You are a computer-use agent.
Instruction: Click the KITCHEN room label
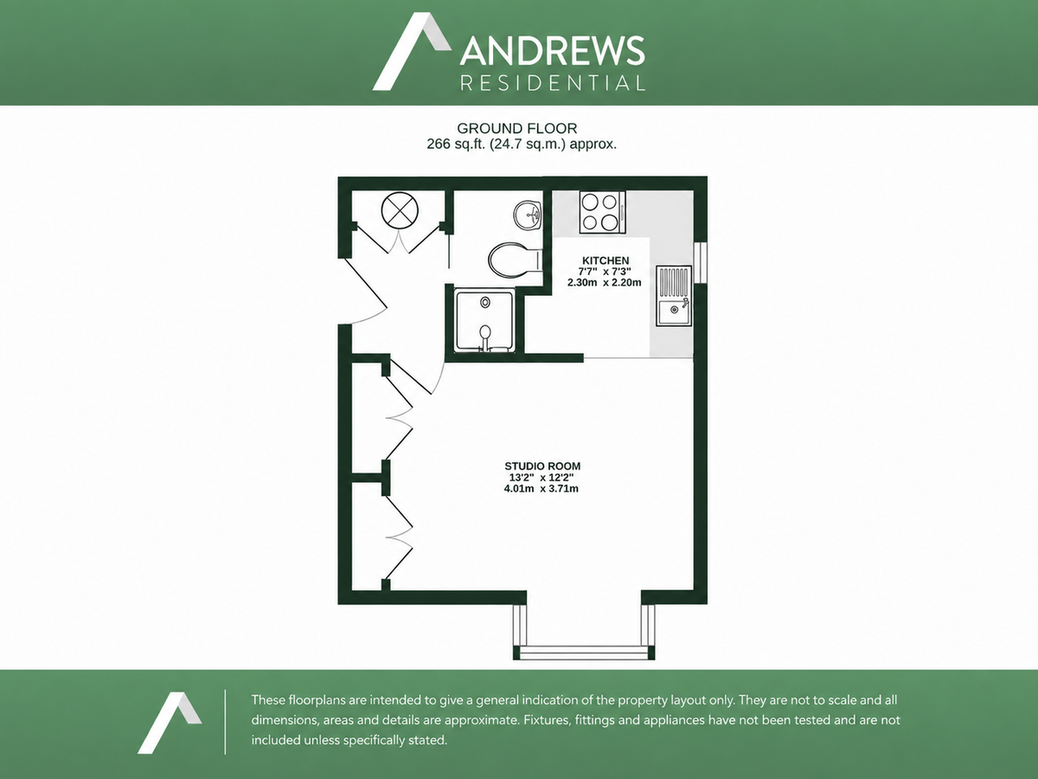tap(605, 261)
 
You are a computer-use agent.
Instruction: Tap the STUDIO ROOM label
tap(542, 466)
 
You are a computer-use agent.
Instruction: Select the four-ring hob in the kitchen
tap(602, 212)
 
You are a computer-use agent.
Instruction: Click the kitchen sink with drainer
tap(674, 296)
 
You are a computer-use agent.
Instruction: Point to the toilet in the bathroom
tap(515, 261)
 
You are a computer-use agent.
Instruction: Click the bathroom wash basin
tap(528, 216)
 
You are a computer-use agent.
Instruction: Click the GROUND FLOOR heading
tap(517, 129)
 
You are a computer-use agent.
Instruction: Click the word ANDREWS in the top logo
tap(553, 50)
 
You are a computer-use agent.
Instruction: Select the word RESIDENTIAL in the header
tap(553, 83)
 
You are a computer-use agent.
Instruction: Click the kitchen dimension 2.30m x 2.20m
tap(605, 282)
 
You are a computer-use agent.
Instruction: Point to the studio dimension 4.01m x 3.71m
tap(541, 488)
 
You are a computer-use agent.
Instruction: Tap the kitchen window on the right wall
tap(701, 262)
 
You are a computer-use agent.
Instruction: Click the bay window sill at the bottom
tap(584, 653)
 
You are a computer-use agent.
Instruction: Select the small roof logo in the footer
tap(170, 722)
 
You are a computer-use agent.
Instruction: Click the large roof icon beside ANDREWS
tap(412, 51)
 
